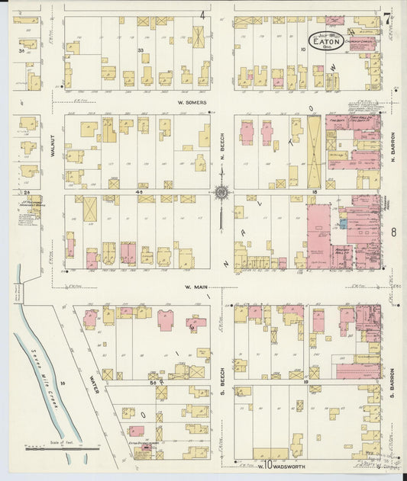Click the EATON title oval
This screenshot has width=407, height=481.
(x=327, y=40)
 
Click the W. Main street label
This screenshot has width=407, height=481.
(x=197, y=287)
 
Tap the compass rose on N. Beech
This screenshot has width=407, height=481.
(x=221, y=193)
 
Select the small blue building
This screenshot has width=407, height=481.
(x=343, y=224)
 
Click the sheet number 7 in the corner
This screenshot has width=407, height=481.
(x=387, y=18)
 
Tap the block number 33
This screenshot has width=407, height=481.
(x=141, y=50)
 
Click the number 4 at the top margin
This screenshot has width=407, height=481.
(x=203, y=14)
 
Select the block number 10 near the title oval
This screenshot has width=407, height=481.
(x=303, y=50)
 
